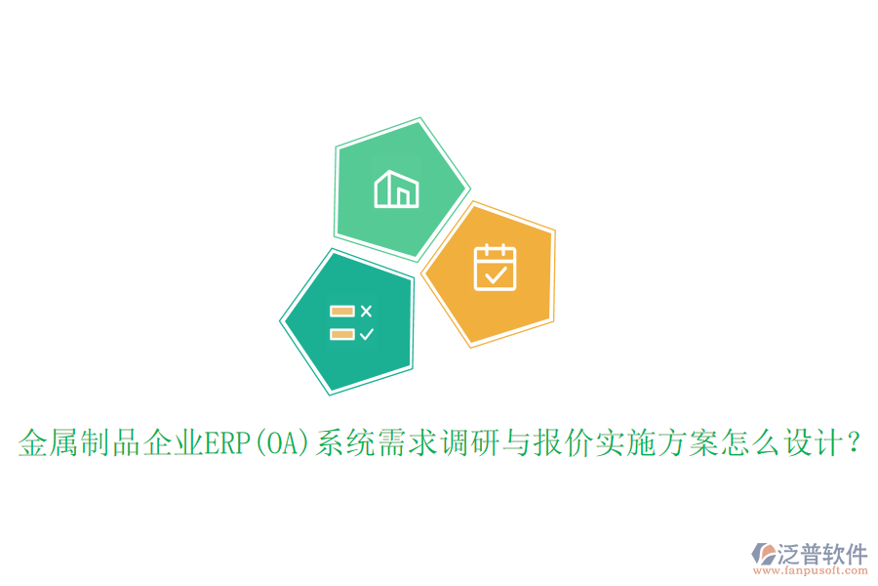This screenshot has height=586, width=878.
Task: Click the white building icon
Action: (x=396, y=188)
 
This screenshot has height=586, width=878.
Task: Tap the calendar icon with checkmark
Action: (x=495, y=268)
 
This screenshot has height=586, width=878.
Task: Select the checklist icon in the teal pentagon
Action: (x=351, y=322)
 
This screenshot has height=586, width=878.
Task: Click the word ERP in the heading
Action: (x=225, y=445)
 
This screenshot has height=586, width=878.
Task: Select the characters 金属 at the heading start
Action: (x=44, y=445)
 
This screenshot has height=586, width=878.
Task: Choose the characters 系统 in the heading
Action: (x=339, y=445)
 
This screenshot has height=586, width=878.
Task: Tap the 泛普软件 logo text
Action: (x=823, y=555)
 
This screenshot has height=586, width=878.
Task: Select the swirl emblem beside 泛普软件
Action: (x=764, y=558)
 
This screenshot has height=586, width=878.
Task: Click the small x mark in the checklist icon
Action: (x=366, y=312)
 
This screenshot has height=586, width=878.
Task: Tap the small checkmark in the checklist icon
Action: (x=366, y=334)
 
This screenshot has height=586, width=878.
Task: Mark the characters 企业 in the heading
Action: (x=172, y=445)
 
